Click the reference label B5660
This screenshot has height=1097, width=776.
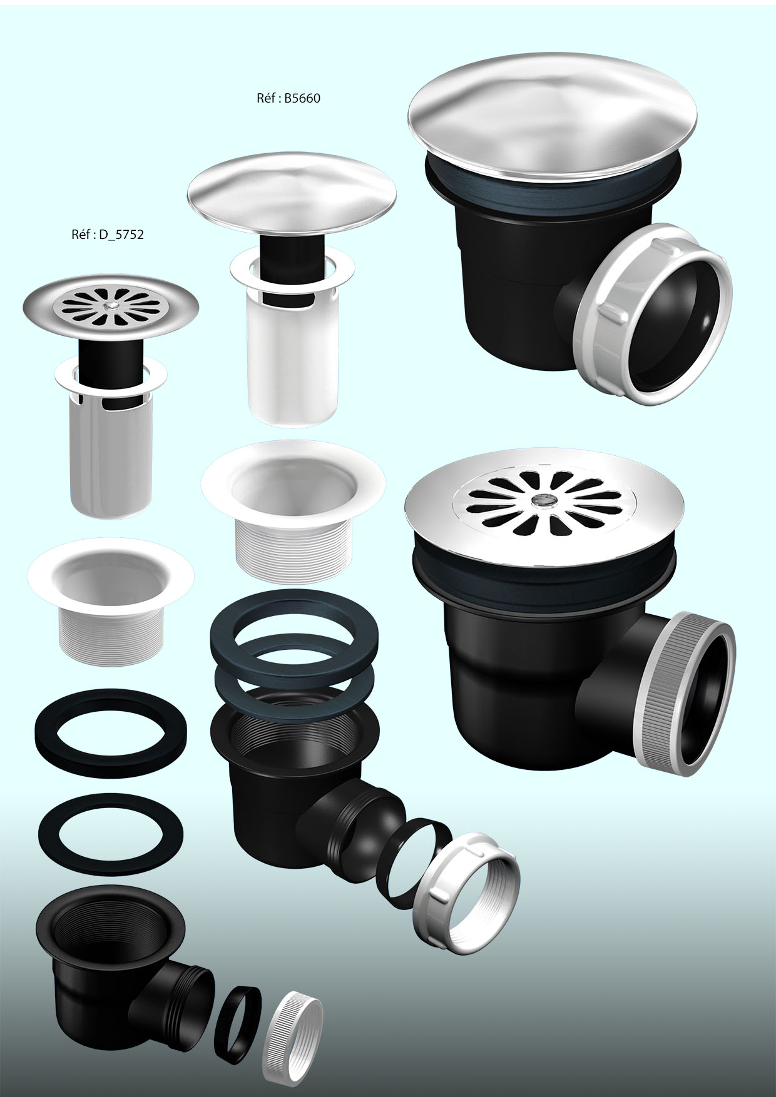pos(288,98)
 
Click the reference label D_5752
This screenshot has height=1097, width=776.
pos(108,235)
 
